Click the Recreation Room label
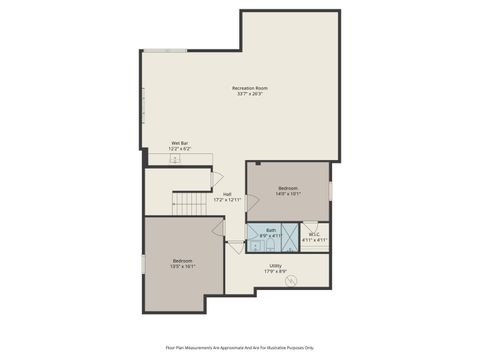click(249, 89)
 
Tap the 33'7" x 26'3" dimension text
click(249, 95)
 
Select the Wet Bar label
click(180, 143)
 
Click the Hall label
click(227, 194)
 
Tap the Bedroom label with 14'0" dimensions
click(288, 188)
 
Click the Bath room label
click(271, 230)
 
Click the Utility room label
click(275, 266)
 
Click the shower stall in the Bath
click(289, 239)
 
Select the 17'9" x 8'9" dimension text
click(275, 272)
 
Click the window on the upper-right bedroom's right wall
click(330, 190)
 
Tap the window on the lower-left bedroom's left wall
click(144, 263)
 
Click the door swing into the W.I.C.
click(311, 226)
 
